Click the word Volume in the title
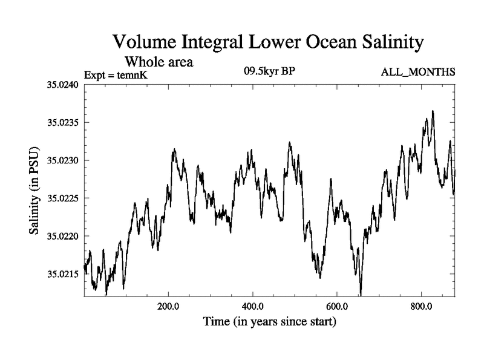click(x=143, y=43)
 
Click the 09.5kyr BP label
click(x=269, y=71)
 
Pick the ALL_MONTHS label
click(x=418, y=73)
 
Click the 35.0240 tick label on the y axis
click(x=63, y=85)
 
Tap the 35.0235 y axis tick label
click(x=63, y=123)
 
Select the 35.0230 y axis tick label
click(x=63, y=160)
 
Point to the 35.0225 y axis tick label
click(x=63, y=198)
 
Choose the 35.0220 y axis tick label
click(x=63, y=236)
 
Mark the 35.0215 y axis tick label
click(x=63, y=274)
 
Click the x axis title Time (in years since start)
click(x=270, y=322)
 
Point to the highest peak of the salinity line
click(x=433, y=111)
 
